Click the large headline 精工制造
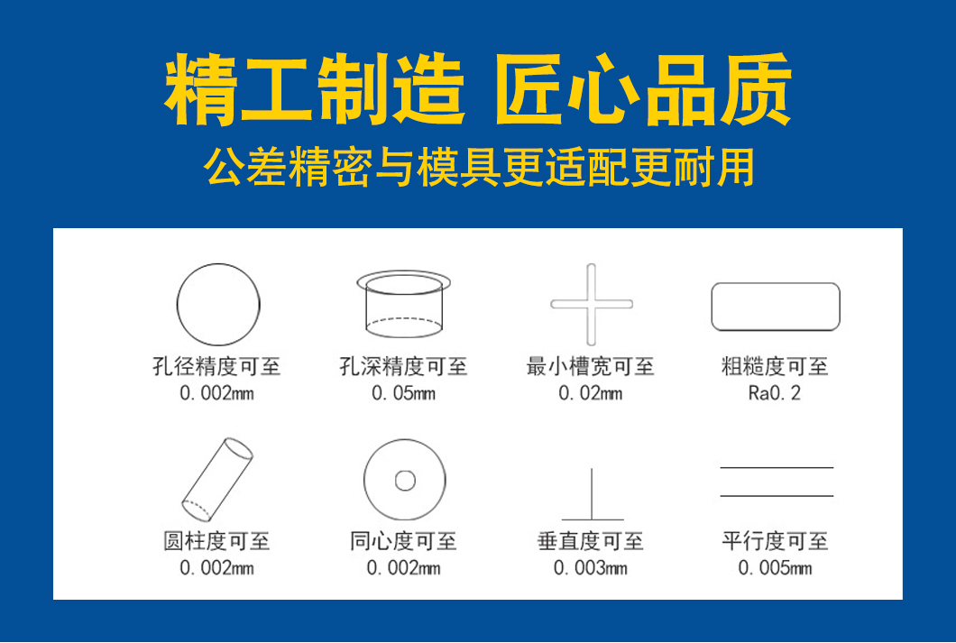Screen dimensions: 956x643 [315, 89]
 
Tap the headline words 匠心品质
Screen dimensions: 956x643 [643, 89]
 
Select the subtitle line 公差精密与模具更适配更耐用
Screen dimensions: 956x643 [479, 167]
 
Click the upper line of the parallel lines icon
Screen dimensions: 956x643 [777, 467]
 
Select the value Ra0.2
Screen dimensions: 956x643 [775, 393]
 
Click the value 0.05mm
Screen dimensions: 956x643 [404, 393]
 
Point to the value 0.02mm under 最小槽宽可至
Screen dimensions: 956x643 [590, 393]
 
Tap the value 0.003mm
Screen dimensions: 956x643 [590, 568]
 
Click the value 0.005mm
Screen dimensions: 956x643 [775, 568]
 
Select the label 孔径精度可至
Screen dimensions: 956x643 [216, 366]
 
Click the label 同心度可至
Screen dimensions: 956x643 [404, 541]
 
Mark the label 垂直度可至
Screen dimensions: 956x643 [590, 541]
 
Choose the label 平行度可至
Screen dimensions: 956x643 [775, 541]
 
